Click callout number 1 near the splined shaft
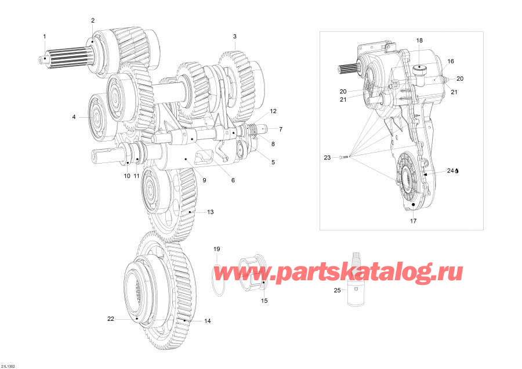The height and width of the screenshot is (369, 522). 45,37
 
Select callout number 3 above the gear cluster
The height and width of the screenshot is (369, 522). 235,37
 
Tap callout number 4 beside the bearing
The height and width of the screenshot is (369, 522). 74,117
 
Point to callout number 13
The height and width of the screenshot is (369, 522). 211,212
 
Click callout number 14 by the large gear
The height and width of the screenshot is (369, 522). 208,321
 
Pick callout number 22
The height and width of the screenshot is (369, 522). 111,319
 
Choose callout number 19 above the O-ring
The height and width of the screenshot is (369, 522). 217,249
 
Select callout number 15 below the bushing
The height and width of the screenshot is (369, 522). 264,301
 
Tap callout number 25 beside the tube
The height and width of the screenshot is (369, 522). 337,290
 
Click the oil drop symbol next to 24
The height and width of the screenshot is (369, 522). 457,171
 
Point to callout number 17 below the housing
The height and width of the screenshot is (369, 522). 413,220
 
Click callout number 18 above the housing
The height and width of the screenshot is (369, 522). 419,40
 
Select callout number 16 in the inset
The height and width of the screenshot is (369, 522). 451,62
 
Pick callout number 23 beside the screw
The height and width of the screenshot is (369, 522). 327,157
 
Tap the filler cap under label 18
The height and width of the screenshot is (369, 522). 419,70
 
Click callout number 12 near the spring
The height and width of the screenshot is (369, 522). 273,111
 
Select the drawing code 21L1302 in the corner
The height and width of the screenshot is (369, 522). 8,366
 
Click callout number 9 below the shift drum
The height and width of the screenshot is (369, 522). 204,180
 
